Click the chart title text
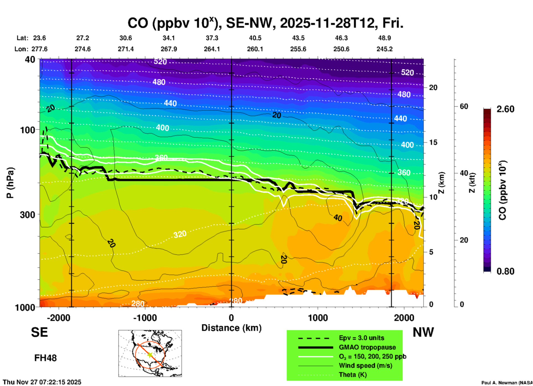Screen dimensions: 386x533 click(x=265, y=23)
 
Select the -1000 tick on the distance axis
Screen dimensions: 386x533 click(x=145, y=318)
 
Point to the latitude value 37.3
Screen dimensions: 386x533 click(x=212, y=38)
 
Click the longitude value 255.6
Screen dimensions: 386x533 click(x=298, y=49)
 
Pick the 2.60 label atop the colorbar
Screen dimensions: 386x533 click(x=505, y=109)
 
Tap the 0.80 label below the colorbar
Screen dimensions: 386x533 click(x=505, y=271)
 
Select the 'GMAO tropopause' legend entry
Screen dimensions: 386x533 click(x=367, y=347)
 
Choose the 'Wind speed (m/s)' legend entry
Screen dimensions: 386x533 click(x=365, y=366)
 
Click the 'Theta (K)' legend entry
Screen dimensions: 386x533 click(x=353, y=375)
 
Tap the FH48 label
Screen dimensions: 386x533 click(x=45, y=358)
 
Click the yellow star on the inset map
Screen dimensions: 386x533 click(x=150, y=355)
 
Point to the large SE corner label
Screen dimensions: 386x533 click(x=39, y=332)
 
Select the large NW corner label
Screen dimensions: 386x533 click(x=423, y=332)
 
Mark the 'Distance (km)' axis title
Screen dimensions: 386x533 click(x=231, y=328)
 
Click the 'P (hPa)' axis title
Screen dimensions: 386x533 click(x=10, y=183)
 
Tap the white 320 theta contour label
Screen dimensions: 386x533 click(x=180, y=235)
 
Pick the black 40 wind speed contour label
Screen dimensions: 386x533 click(x=338, y=218)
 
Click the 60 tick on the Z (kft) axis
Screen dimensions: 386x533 click(x=464, y=106)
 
